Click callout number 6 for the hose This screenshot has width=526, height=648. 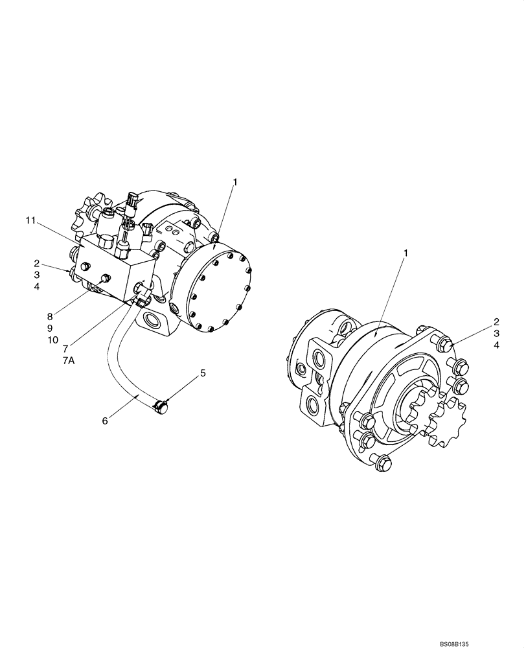point(106,421)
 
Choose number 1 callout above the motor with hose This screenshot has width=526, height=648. point(235,183)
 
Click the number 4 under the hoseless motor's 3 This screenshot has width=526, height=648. point(496,345)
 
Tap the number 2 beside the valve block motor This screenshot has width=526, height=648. point(38,263)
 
